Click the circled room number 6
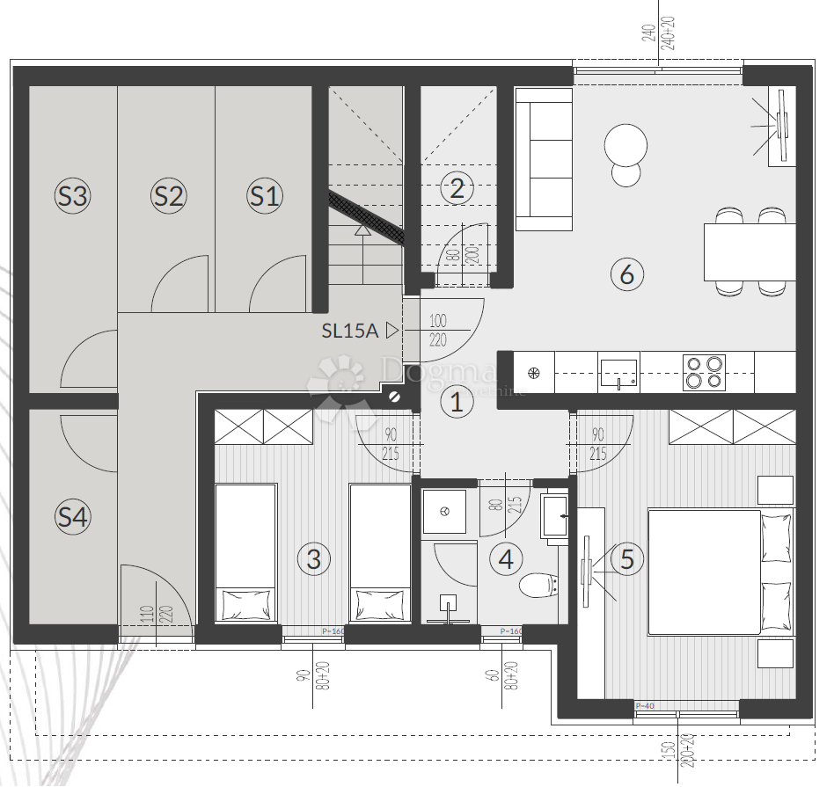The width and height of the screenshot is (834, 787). click(x=626, y=273)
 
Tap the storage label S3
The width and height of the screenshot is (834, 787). click(x=72, y=195)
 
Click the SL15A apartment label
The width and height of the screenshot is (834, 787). click(x=349, y=331)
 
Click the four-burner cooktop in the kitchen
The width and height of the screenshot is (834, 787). click(x=704, y=372)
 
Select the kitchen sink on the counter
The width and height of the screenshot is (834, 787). click(x=619, y=373)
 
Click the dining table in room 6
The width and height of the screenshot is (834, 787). click(x=750, y=251)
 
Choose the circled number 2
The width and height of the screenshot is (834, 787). click(x=457, y=187)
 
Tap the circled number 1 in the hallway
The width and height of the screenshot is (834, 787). click(x=456, y=402)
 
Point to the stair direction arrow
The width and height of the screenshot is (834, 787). click(x=362, y=231)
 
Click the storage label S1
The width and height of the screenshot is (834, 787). click(x=264, y=195)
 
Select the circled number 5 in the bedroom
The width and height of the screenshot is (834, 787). click(x=626, y=558)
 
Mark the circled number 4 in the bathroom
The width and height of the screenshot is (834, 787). click(x=506, y=558)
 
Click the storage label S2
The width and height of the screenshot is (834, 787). click(x=168, y=195)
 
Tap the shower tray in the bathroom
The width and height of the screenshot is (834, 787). click(x=445, y=512)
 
